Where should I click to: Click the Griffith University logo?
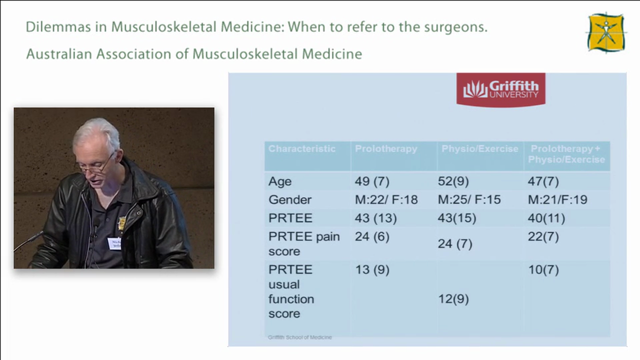[x=500, y=89]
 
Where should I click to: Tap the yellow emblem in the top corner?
[x=606, y=32]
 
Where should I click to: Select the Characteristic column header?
[x=302, y=149]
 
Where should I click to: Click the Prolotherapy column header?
[x=386, y=149]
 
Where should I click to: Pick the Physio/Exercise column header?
[x=479, y=149]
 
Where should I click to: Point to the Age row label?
[x=280, y=181]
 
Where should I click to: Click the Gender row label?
[x=290, y=200]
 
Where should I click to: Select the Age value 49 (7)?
[x=372, y=181]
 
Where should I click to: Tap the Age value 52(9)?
[x=453, y=181]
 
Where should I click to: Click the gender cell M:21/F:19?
[x=557, y=200]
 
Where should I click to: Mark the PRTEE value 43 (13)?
[x=376, y=218]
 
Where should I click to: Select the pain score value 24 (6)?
[x=372, y=237]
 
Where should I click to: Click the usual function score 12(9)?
[x=453, y=299]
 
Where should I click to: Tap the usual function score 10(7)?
[x=543, y=270]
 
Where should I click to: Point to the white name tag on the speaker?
[x=114, y=243]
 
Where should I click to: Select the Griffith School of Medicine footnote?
[x=300, y=337]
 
